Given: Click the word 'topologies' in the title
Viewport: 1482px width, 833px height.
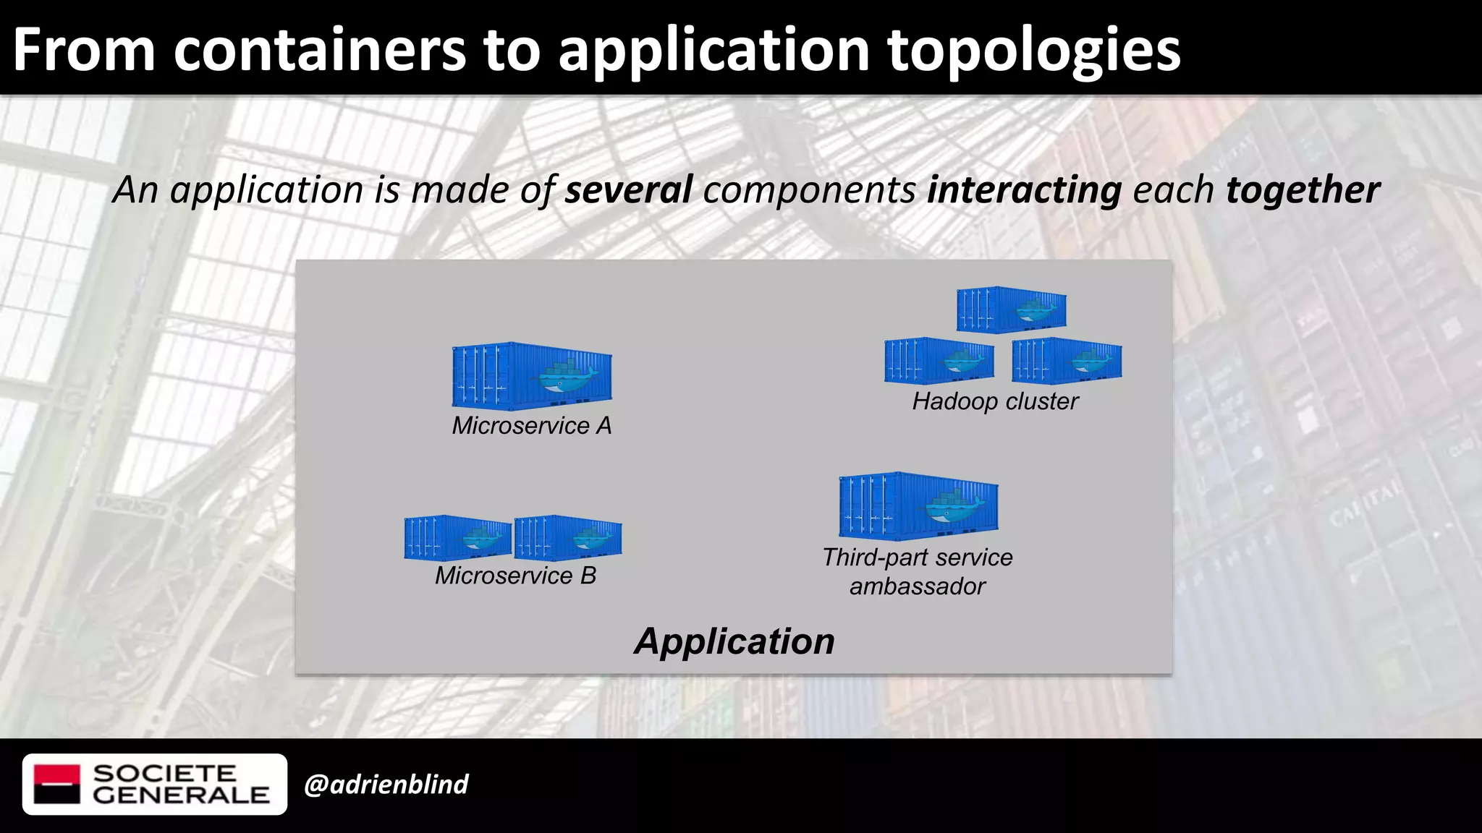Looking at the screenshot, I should coord(1033,51).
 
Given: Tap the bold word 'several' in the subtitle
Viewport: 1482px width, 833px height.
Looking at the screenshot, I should coord(628,189).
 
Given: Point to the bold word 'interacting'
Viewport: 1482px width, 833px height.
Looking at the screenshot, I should coord(1024,189).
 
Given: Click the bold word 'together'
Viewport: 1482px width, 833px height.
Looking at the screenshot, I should coord(1303,189).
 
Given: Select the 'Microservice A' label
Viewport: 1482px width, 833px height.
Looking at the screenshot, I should coord(532,425).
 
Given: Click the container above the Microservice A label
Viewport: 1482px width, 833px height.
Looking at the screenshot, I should coord(532,376).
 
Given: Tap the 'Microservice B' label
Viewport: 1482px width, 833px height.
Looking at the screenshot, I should coord(515,576).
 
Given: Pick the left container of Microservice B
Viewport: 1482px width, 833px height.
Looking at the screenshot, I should coord(457,537).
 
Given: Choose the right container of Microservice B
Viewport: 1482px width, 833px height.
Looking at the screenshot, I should coord(568,537).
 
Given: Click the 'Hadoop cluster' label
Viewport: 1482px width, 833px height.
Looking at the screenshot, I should coord(995,401).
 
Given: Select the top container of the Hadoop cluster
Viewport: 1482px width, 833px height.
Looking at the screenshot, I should coord(1011,309).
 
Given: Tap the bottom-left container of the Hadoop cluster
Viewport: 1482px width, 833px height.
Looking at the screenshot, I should coord(939,360).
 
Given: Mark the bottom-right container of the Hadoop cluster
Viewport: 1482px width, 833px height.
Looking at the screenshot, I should coord(1067,360).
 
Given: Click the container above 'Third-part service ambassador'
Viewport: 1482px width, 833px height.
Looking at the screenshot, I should coord(918,505).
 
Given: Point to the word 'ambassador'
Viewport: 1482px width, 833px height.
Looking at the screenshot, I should coord(918,586).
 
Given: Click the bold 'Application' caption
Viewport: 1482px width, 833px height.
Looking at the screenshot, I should coord(734,641).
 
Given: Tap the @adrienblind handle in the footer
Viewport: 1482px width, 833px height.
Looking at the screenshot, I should coord(386,785).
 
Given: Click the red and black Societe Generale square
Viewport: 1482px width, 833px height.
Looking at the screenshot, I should coord(57,784).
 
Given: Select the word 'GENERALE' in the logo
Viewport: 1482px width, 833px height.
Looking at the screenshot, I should coord(181,795).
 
